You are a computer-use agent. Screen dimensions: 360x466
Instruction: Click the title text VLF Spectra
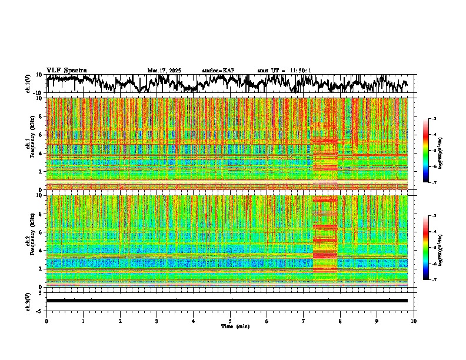66,71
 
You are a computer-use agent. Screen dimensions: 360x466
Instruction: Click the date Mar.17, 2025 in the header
164,71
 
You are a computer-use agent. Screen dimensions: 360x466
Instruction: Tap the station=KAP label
218,71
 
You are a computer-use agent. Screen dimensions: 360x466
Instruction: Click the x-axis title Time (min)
235,326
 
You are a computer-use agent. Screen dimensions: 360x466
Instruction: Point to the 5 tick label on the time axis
230,321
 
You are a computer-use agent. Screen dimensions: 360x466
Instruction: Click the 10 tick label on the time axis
414,321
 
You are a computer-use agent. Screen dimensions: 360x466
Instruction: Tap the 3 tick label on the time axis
157,321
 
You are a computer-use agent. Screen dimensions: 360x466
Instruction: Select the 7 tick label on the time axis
304,321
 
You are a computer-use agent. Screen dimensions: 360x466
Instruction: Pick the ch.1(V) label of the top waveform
28,84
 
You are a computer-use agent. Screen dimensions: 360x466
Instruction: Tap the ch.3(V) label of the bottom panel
28,301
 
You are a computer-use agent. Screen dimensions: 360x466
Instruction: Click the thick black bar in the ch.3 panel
227,301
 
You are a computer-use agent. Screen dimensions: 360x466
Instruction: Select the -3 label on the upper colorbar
434,119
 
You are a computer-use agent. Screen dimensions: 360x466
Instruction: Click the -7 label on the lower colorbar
434,280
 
